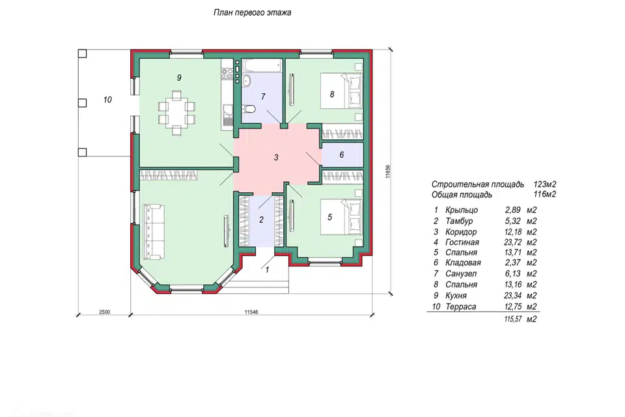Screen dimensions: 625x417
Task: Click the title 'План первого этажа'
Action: coord(253,12)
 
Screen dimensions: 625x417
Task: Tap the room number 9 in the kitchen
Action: coord(179,78)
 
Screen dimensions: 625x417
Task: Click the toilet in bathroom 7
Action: coord(248,109)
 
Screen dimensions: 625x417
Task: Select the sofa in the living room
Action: coord(154,231)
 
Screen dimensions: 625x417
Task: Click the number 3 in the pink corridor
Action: coord(276,158)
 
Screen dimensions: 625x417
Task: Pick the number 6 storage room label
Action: coord(342,154)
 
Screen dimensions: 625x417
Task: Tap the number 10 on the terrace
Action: coord(107,100)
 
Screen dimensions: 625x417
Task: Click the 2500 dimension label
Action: coord(104,312)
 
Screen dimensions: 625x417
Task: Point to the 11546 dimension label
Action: coord(251,312)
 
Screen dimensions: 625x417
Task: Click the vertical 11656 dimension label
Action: coord(388,171)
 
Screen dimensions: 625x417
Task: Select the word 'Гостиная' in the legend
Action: coord(462,242)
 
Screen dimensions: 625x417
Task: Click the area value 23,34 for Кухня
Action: coord(512,296)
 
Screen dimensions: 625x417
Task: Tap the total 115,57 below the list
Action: coord(512,319)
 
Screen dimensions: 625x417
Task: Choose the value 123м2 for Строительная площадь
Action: coord(544,184)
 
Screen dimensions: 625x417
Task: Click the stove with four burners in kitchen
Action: coord(227,72)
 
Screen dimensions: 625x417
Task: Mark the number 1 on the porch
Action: coord(267,270)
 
